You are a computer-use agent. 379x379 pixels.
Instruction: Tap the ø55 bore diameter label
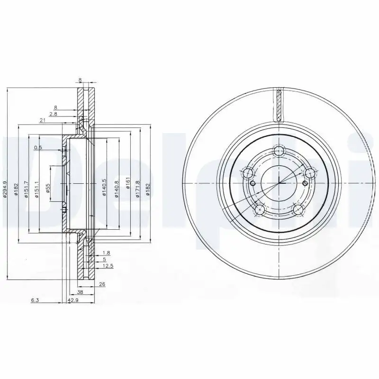48,189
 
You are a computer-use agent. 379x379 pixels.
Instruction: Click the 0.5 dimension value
38,148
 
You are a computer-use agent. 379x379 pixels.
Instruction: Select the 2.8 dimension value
53,114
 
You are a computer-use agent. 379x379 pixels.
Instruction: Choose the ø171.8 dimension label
138,189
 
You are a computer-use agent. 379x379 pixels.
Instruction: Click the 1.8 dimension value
106,253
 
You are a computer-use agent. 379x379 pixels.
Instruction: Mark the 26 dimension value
102,284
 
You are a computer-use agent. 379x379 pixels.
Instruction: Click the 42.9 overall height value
72,300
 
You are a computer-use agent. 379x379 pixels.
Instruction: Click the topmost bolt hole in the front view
280,152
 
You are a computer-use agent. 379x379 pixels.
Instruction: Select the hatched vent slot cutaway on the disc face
280,105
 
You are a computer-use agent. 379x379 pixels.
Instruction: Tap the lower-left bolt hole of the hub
260,209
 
